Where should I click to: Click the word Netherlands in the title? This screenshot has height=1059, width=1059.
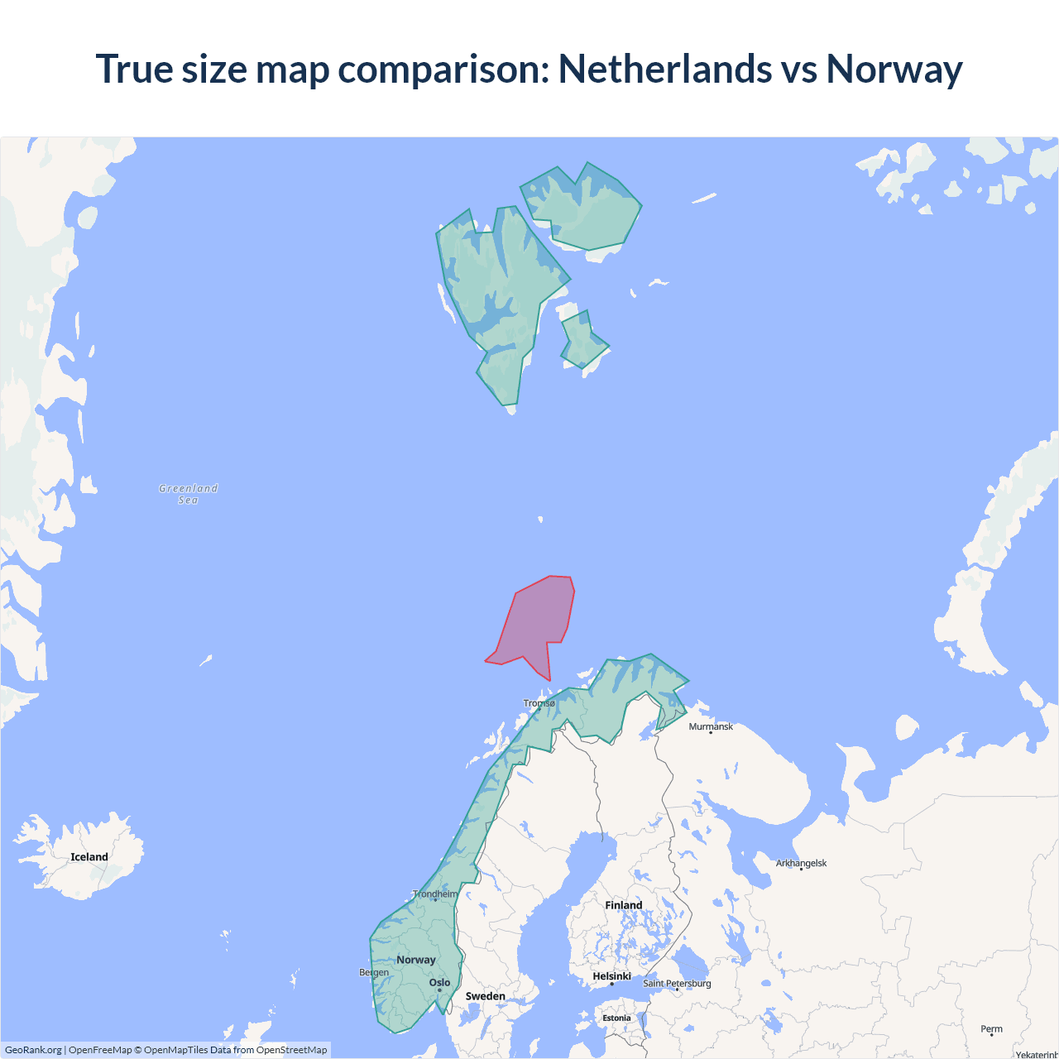coord(665,69)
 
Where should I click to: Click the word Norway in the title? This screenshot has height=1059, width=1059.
coord(894,69)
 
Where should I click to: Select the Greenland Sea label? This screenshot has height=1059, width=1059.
coord(189,494)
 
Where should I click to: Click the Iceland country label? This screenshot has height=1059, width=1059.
coord(89,857)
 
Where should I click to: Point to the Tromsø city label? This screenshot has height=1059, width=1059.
coord(539,703)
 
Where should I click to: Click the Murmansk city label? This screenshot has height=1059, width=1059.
coord(711,726)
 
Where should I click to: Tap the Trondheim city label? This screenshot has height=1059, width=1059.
coord(435,894)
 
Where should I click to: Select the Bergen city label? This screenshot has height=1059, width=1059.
coord(374,972)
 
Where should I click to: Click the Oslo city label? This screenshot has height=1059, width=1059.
coord(440,983)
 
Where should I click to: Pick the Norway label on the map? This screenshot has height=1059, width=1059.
coord(416,960)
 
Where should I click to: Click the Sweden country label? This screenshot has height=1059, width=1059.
coord(485,996)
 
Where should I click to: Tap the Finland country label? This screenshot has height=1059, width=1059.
coord(624,905)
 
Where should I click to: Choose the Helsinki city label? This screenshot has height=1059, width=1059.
coord(612,976)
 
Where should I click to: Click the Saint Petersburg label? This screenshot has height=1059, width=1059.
coord(677,983)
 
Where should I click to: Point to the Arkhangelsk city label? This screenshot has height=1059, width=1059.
coord(801,863)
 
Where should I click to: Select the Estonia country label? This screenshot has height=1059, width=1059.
coord(616,1018)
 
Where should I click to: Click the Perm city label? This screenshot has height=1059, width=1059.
coord(991,1029)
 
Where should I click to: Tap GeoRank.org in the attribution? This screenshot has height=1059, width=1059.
coord(33,1050)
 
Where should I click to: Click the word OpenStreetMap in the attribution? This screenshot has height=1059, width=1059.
coord(291,1050)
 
